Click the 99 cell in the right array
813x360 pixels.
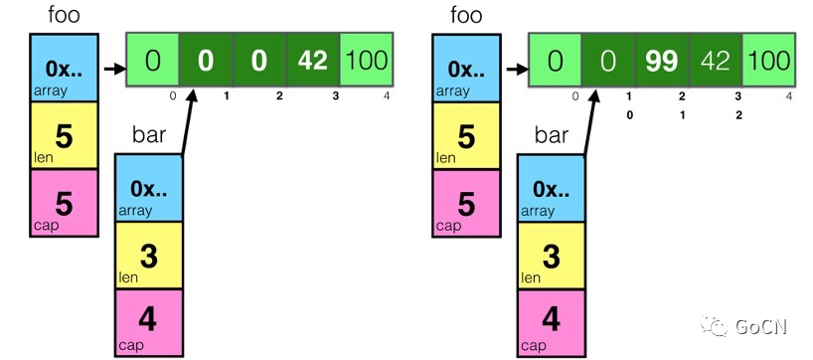(662, 61)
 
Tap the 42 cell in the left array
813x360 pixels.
(313, 61)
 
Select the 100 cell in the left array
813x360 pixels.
(367, 61)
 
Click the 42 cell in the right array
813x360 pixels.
(716, 61)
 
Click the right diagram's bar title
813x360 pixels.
(553, 135)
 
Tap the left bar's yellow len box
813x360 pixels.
(149, 255)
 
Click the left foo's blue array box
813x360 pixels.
(65, 70)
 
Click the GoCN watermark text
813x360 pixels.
(756, 326)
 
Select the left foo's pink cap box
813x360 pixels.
(65, 202)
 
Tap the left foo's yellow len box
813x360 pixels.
(65, 135)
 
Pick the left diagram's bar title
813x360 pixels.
(149, 135)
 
